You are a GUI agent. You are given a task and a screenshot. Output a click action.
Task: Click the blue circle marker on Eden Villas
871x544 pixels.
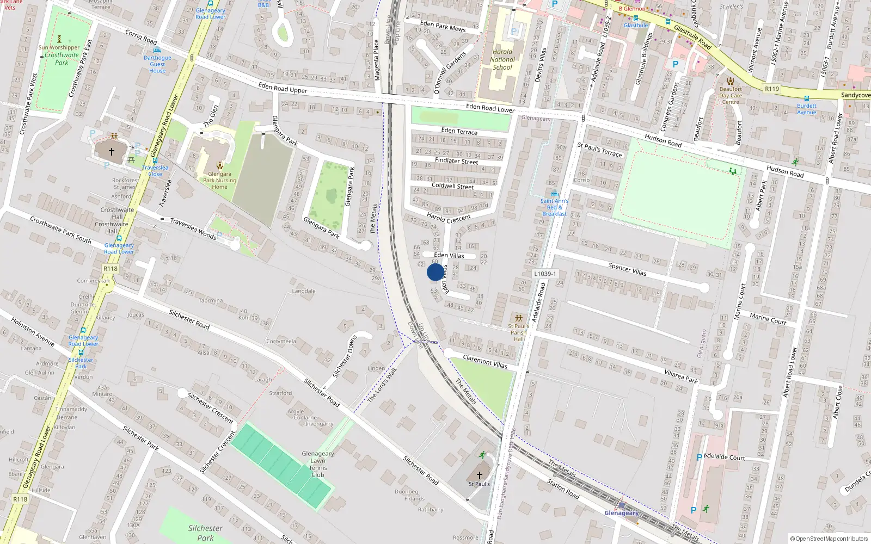pos(435,272)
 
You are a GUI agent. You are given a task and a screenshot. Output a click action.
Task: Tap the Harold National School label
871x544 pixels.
pos(502,60)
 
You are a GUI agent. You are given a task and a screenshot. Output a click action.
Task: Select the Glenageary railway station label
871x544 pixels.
pos(621,513)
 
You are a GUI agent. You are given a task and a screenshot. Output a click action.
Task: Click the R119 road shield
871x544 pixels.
pos(771,89)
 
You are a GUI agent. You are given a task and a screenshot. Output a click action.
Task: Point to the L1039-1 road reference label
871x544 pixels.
pos(545,274)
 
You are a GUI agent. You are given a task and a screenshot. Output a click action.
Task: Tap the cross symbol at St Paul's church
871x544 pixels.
pos(479,475)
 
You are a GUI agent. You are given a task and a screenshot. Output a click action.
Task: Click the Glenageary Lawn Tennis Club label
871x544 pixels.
pos(318,464)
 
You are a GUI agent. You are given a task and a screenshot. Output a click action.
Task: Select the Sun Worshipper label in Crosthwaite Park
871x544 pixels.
pos(59,47)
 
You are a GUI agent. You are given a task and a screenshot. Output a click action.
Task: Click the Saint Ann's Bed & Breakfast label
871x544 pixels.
pos(554,207)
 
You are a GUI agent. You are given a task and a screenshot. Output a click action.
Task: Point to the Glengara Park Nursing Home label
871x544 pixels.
pos(219,180)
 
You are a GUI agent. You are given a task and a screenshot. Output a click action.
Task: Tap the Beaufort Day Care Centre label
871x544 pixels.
pos(730,95)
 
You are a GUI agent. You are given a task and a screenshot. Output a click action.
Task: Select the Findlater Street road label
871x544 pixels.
pos(456,161)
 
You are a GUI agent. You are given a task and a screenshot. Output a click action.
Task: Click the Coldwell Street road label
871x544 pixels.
pos(452,186)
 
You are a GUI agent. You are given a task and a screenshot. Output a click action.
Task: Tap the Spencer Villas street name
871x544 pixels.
pos(627,269)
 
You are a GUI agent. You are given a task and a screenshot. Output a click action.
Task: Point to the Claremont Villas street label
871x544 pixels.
pos(484,362)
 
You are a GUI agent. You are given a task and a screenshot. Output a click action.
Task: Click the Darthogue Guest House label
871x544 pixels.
pos(157,64)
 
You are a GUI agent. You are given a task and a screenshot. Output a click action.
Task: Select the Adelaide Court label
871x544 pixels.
pos(724,457)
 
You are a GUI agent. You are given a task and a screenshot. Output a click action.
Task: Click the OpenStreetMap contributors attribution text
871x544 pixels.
pos(829,539)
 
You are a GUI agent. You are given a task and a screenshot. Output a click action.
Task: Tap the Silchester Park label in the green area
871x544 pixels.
pos(205,533)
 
